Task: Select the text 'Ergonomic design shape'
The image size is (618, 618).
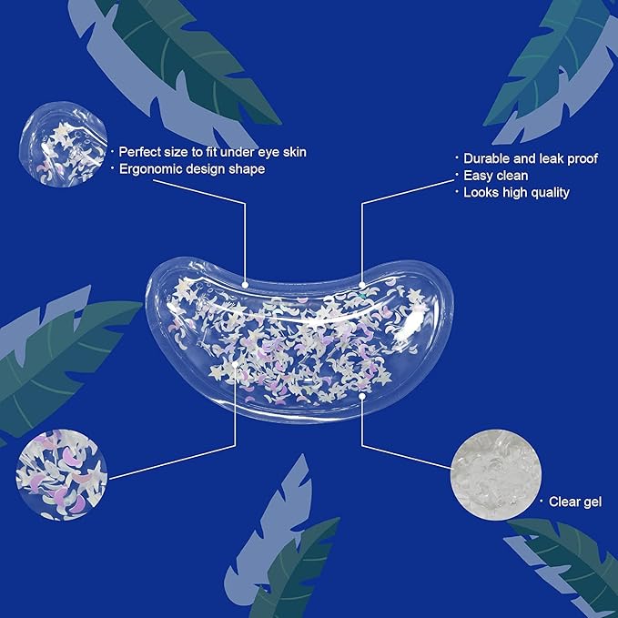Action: [x=191, y=168]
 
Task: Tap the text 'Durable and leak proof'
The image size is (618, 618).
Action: [x=531, y=158]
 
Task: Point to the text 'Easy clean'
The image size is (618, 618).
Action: [x=496, y=175]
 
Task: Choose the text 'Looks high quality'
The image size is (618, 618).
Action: [x=516, y=192]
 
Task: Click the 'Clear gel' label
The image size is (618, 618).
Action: [x=575, y=501]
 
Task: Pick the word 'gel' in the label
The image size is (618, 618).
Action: [x=592, y=501]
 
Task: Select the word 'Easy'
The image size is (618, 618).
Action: [x=479, y=175]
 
